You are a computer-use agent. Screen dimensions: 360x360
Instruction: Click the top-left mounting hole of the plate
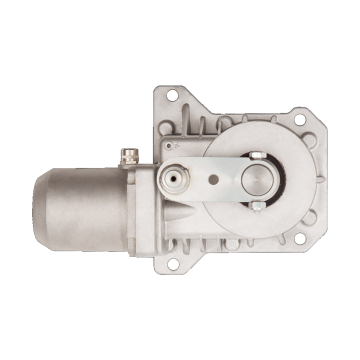click(165, 97)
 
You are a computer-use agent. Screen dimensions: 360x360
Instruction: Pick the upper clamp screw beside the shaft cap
click(257, 153)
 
